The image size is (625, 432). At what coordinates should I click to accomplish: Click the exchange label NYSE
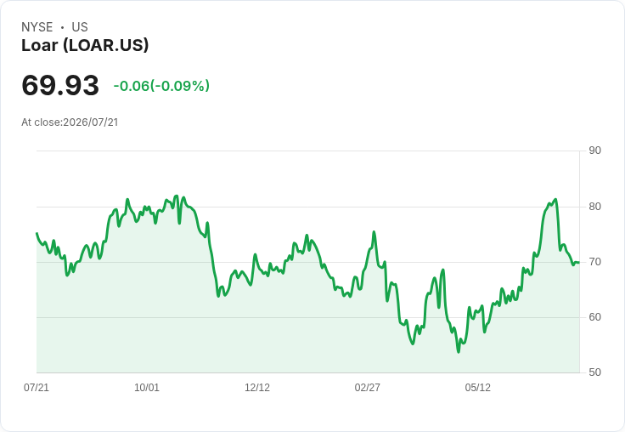click(37, 27)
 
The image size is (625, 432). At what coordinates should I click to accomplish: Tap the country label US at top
click(80, 27)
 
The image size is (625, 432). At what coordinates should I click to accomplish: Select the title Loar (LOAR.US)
click(85, 45)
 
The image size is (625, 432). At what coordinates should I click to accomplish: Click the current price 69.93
click(60, 85)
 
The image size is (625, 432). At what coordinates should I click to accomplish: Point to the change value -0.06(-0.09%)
click(161, 86)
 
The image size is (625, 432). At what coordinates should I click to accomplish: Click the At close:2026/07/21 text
click(70, 122)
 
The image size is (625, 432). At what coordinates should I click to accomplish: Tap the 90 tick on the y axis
click(594, 151)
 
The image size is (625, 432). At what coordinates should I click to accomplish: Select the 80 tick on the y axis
click(594, 207)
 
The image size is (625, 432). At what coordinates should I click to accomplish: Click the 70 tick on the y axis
click(594, 262)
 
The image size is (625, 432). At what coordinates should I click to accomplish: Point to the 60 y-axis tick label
click(594, 317)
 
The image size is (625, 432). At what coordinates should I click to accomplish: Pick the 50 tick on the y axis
click(594, 372)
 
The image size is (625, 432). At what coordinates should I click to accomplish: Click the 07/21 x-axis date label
click(37, 387)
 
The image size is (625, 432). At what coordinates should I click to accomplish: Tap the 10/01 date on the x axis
click(147, 387)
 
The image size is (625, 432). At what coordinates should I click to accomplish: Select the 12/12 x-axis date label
click(257, 387)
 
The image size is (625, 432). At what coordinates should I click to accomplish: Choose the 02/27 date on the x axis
click(367, 387)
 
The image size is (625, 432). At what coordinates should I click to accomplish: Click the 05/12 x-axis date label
click(477, 387)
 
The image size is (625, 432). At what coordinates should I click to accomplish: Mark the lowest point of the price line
click(459, 352)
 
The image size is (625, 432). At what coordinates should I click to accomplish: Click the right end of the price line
click(579, 262)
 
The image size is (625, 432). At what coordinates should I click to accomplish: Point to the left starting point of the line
click(37, 233)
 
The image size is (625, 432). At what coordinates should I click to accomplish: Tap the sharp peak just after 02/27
click(374, 231)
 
